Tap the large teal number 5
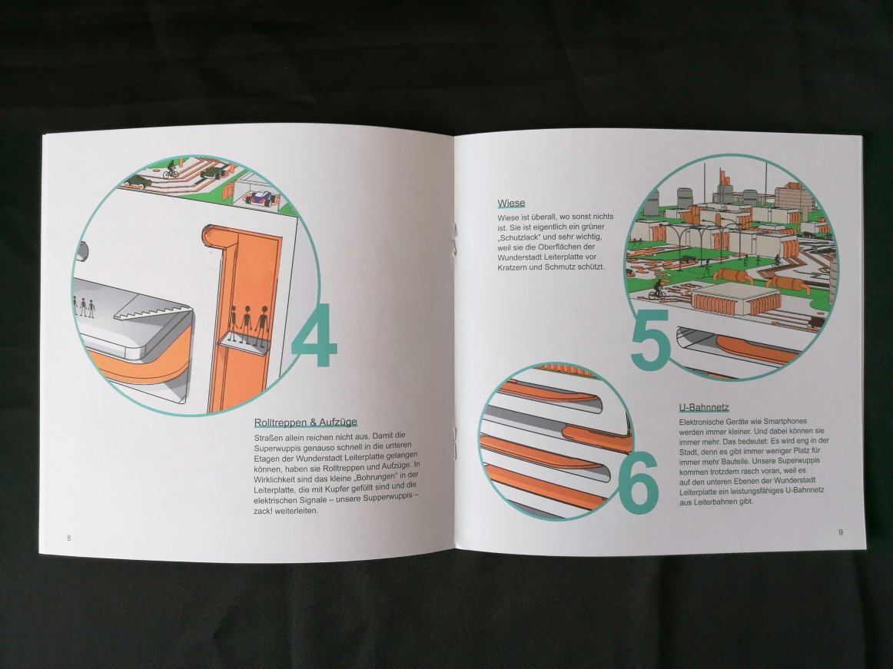coord(650,339)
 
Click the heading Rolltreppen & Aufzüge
coord(305,422)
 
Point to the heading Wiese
coord(511,204)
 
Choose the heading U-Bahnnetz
coord(704,408)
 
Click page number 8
coord(69,538)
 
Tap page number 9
coord(841,532)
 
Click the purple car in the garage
coord(261,199)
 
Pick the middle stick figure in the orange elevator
coord(247,324)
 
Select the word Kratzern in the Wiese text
coord(512,267)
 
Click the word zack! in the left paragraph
coord(264,512)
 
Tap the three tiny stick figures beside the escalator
coord(84,306)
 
